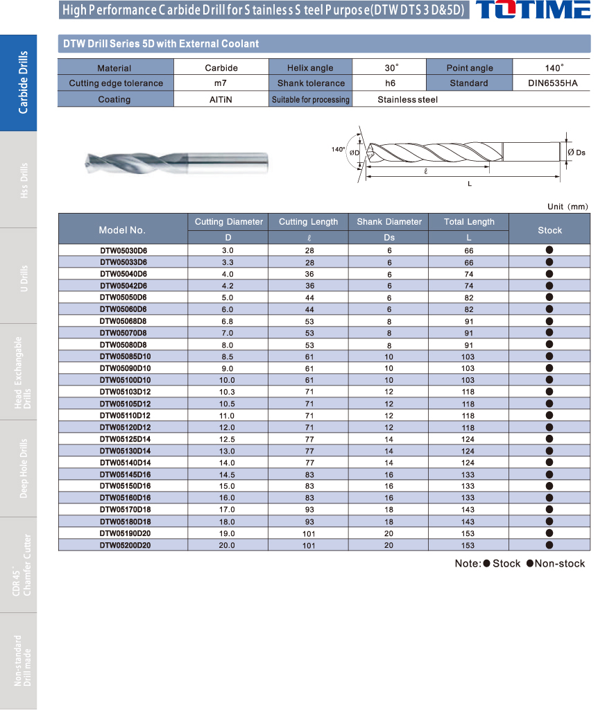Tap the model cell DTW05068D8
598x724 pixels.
123,321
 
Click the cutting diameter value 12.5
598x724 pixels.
228,439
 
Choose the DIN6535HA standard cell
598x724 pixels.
552,83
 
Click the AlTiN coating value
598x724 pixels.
221,99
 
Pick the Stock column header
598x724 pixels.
549,230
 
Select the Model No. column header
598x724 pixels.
122,230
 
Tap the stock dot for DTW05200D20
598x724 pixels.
549,545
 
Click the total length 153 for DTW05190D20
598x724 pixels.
469,533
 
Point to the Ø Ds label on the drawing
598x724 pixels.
576,152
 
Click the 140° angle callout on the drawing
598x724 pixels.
338,149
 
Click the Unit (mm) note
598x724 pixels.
567,207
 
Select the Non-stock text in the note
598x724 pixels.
559,563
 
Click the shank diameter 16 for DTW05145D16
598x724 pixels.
389,474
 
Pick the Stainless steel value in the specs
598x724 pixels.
407,99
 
